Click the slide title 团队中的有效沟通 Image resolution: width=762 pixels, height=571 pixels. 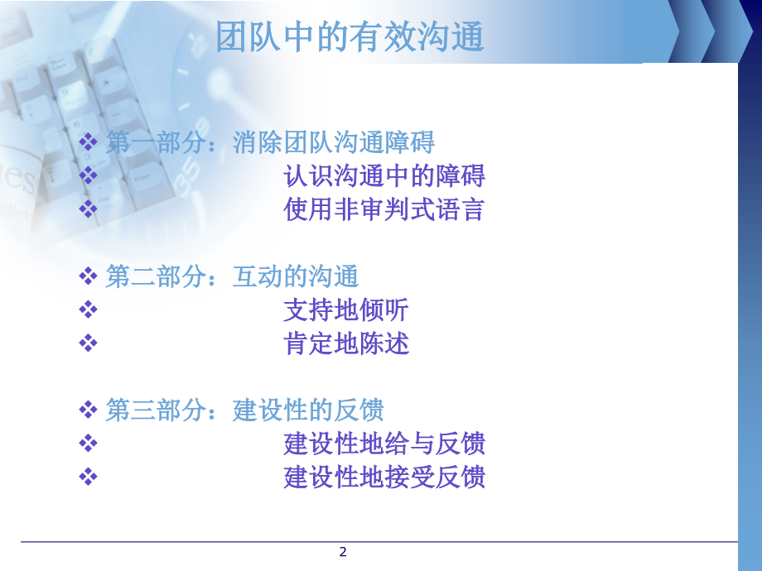click(x=350, y=37)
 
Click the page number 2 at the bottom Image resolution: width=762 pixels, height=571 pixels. click(x=343, y=552)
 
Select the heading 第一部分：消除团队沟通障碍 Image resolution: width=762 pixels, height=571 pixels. click(x=270, y=142)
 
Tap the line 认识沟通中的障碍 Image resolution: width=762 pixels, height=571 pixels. click(x=383, y=176)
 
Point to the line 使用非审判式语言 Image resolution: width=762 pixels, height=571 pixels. click(x=383, y=210)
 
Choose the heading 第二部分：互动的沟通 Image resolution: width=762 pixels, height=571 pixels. click(x=232, y=276)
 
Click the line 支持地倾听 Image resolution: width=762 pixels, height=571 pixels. click(x=345, y=310)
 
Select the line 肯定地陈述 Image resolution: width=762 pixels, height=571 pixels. click(x=345, y=344)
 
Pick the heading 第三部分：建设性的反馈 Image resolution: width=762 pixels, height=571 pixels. click(x=244, y=410)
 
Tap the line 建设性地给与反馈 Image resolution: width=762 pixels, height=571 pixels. click(x=383, y=444)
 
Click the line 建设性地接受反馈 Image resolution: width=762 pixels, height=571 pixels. click(x=383, y=477)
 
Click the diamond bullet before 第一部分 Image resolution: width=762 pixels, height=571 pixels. click(x=88, y=142)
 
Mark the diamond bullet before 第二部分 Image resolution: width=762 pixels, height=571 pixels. click(x=88, y=276)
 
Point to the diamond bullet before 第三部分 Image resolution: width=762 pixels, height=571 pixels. click(x=88, y=410)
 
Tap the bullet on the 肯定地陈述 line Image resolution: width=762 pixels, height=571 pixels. click(x=88, y=344)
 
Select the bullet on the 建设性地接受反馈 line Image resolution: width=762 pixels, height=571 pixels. click(x=88, y=477)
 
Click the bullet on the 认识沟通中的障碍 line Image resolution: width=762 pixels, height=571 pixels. click(x=88, y=176)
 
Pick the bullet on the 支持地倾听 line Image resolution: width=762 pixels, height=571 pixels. click(x=88, y=310)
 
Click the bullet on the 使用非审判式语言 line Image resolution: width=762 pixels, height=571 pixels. click(x=88, y=210)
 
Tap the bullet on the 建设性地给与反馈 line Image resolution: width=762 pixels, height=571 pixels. click(x=88, y=444)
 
